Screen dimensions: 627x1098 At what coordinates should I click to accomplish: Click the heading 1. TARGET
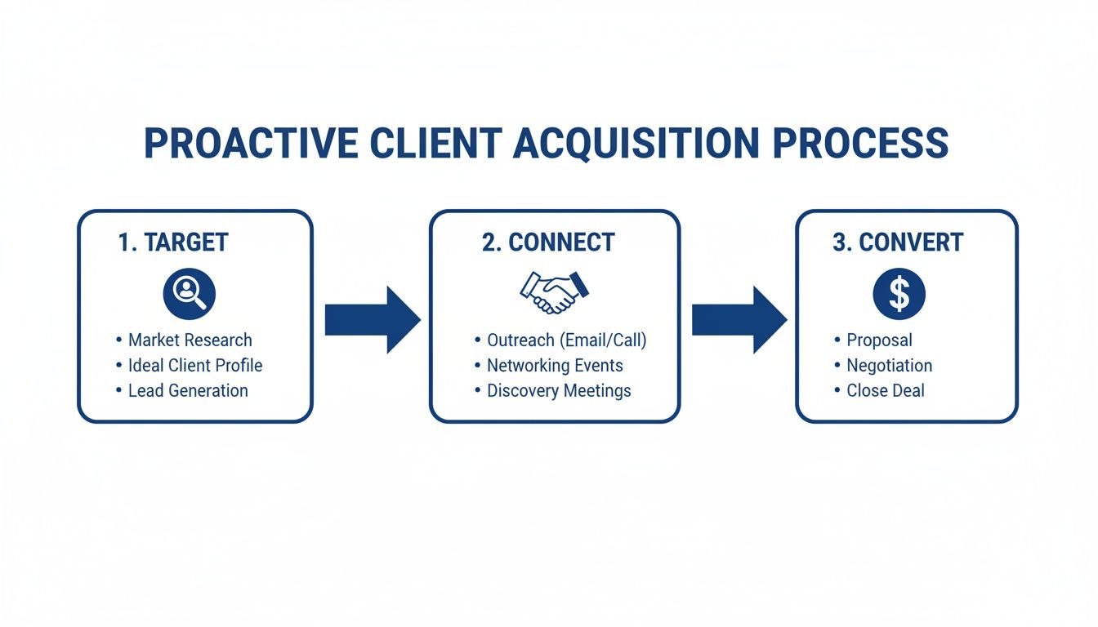click(173, 242)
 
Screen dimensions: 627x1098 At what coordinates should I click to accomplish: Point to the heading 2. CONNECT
click(548, 242)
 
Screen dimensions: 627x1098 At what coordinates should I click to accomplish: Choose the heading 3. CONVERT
click(898, 242)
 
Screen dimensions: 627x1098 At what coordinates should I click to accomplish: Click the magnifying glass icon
click(189, 295)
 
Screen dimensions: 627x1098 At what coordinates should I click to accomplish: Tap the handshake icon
click(555, 292)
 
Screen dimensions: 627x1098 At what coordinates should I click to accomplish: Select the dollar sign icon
click(899, 295)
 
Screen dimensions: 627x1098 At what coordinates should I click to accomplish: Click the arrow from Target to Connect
click(372, 320)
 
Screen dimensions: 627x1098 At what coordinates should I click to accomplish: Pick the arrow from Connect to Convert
click(739, 320)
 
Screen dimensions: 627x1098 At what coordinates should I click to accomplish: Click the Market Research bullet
click(190, 340)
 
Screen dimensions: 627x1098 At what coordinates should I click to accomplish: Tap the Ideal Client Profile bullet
click(195, 366)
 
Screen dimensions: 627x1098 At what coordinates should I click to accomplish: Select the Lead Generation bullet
click(188, 391)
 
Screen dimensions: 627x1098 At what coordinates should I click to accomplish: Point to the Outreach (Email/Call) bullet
click(566, 340)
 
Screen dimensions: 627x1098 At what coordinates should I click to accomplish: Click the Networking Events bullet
click(555, 366)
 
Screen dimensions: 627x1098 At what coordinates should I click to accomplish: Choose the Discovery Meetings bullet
click(559, 391)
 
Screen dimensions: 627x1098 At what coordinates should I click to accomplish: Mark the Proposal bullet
click(879, 340)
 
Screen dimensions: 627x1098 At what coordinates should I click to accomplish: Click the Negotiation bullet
click(889, 366)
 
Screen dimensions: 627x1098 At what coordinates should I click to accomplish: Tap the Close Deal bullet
click(885, 391)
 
